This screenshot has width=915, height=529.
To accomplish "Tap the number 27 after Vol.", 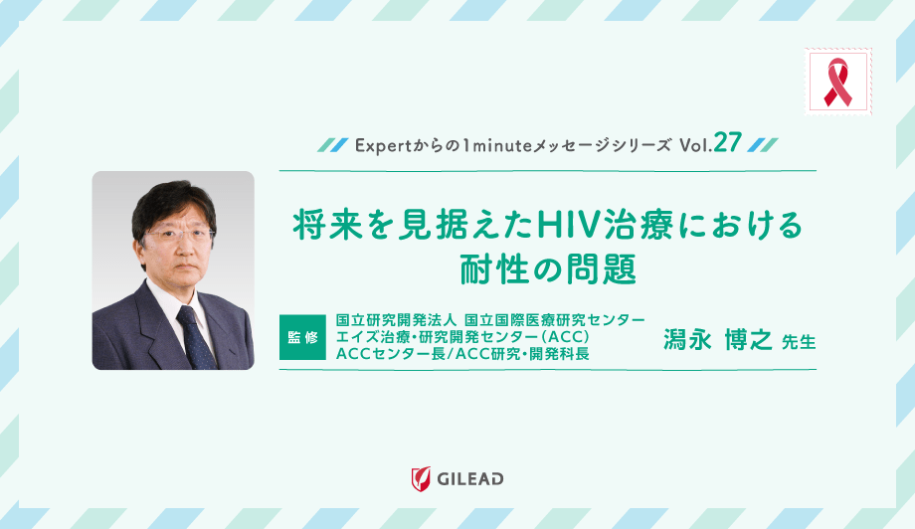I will click(x=728, y=143).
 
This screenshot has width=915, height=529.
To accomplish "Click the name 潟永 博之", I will click(x=718, y=340).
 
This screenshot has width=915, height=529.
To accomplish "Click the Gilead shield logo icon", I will click(x=420, y=478).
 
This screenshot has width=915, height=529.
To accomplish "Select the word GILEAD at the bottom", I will click(x=470, y=479).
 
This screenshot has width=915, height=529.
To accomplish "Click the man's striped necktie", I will click(x=194, y=334).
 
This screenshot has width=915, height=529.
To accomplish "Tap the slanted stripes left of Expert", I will click(x=330, y=144).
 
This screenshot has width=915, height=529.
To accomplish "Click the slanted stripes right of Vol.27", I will click(x=761, y=144).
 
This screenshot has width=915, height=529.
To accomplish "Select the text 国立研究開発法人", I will click(x=396, y=319).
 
